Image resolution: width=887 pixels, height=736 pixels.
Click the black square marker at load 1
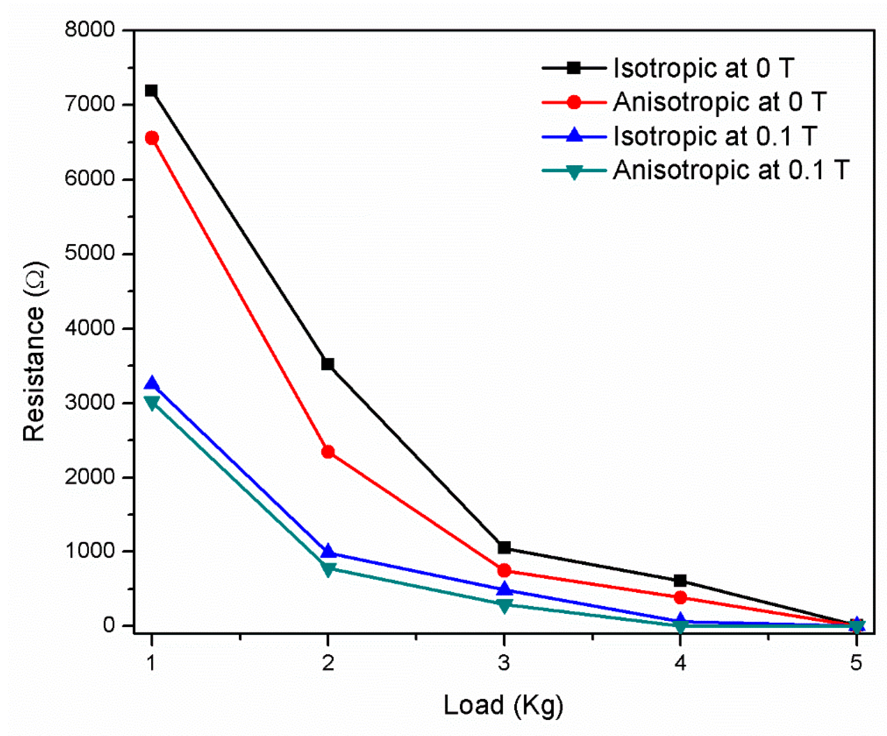click(x=151, y=90)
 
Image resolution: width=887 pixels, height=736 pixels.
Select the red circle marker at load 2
click(x=328, y=452)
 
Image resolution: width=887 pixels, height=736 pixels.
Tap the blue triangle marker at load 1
click(x=152, y=384)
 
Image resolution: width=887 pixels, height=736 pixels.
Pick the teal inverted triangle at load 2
click(x=328, y=569)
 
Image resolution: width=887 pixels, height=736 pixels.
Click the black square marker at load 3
click(x=504, y=547)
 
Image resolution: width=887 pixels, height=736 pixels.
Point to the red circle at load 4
click(x=680, y=597)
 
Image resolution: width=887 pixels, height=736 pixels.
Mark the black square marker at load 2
click(x=328, y=364)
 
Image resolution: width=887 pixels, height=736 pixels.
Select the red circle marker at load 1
click(x=152, y=138)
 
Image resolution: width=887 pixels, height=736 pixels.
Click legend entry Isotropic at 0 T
click(x=703, y=68)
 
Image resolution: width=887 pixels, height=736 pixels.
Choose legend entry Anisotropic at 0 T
click(x=719, y=102)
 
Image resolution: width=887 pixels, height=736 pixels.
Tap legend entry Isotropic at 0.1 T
click(x=715, y=136)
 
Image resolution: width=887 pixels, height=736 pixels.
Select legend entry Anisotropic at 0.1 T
click(x=730, y=170)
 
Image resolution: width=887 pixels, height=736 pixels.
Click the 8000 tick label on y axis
click(x=90, y=30)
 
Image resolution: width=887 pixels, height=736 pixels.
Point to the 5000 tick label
click(x=90, y=253)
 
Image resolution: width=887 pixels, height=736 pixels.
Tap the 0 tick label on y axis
click(x=109, y=625)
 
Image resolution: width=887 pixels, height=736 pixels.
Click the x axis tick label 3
click(x=504, y=663)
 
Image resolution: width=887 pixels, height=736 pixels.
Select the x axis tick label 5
click(x=856, y=663)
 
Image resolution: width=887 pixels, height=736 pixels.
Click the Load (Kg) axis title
click(x=503, y=705)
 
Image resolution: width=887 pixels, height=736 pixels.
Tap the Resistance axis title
click(x=34, y=352)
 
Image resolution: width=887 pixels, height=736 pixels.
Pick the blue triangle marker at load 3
click(x=504, y=589)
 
